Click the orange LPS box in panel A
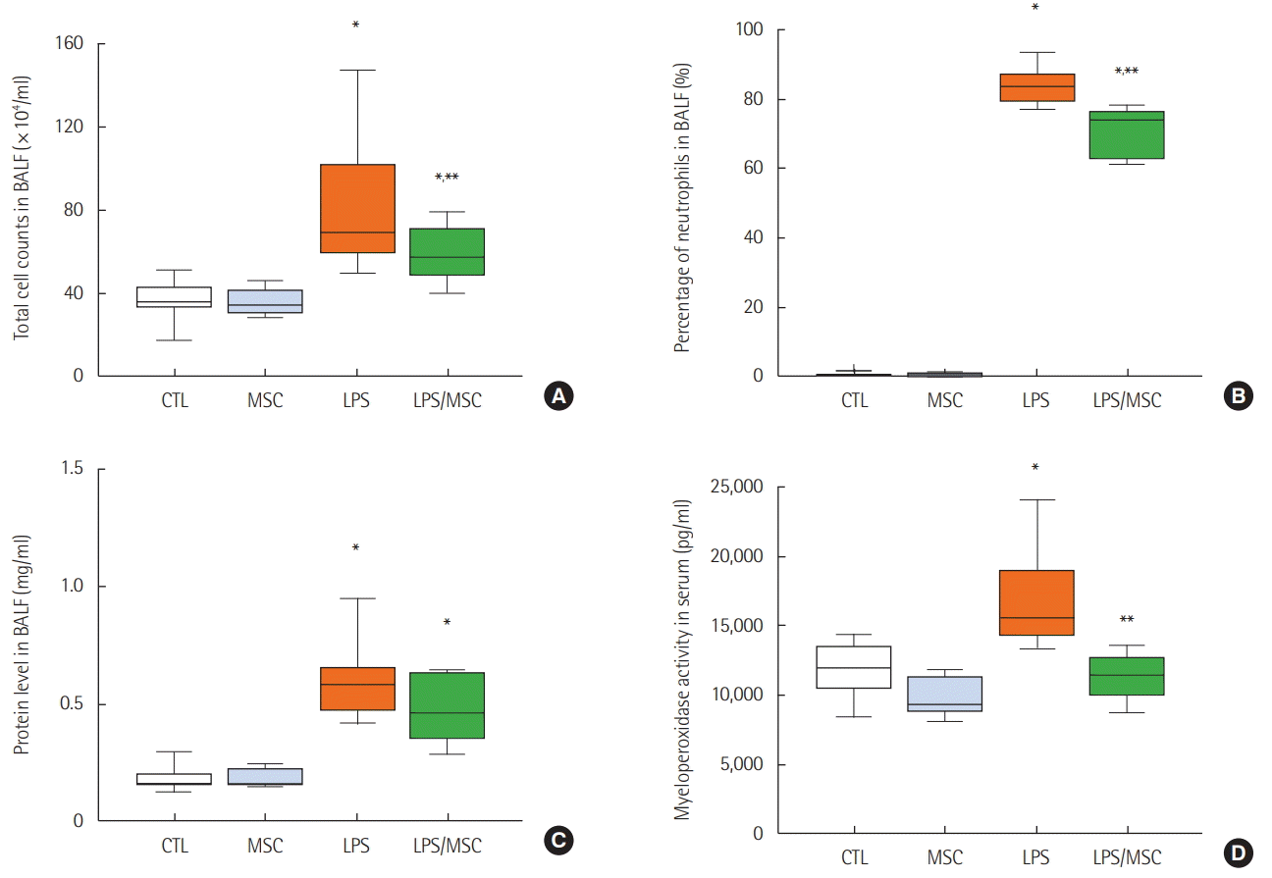tap(356, 208)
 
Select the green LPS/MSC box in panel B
tap(1127, 134)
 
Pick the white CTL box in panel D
tap(854, 667)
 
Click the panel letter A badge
tap(557, 396)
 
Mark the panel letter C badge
tap(557, 840)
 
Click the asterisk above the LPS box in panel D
tap(1035, 468)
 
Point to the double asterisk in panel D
tap(1127, 620)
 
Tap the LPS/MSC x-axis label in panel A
tap(448, 402)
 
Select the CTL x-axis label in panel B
tap(854, 401)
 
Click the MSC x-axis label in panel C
tap(265, 846)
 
